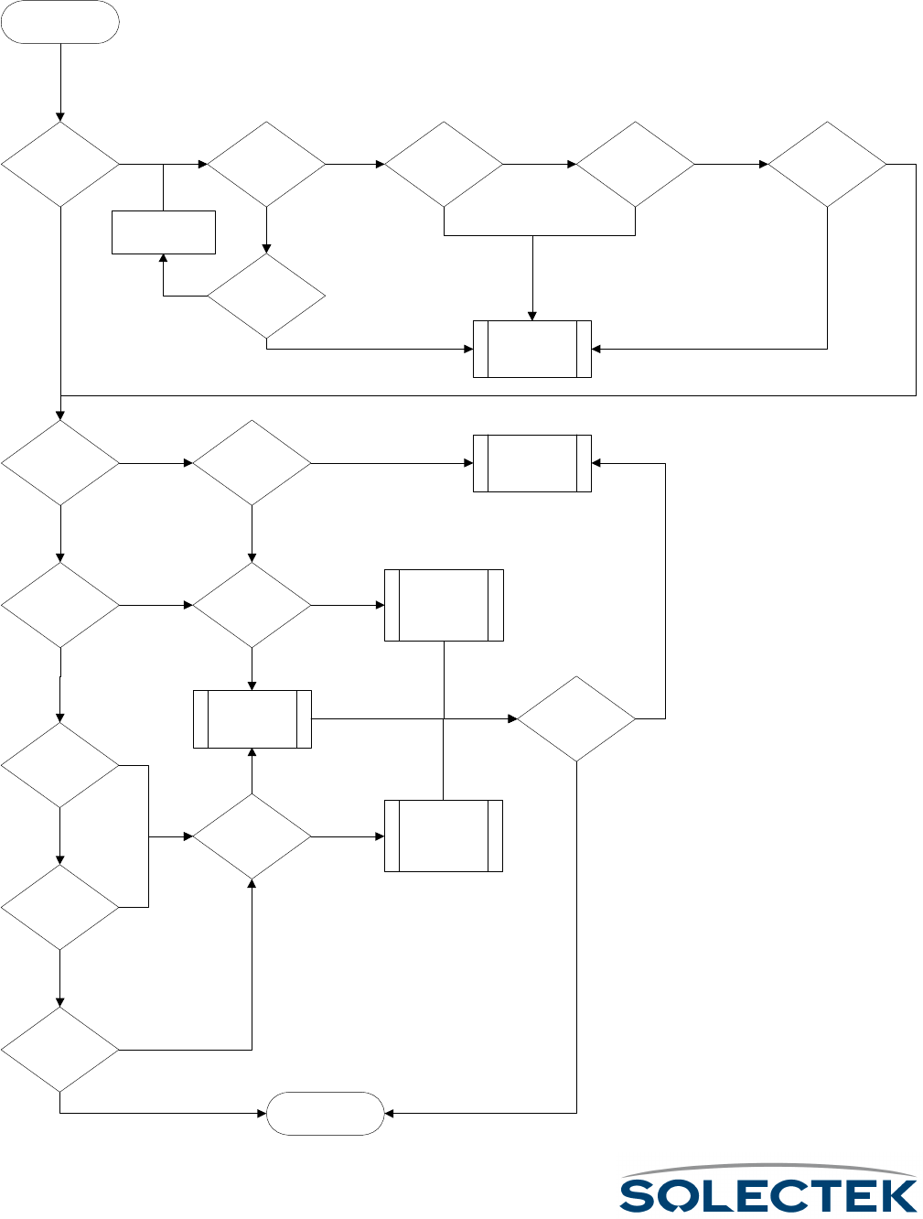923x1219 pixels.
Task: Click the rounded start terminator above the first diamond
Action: [x=60, y=22]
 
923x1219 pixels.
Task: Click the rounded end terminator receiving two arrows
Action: [x=325, y=1113]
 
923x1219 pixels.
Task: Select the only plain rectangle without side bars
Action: [x=163, y=232]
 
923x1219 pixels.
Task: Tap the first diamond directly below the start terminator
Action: [x=60, y=165]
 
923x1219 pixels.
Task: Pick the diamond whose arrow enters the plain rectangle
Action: [x=266, y=297]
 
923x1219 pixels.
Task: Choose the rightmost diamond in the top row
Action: [x=827, y=165]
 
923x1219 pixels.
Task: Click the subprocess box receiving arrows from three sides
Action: [x=532, y=349]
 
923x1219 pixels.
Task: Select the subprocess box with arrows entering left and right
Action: [x=532, y=463]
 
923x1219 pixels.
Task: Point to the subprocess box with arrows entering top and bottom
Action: [x=252, y=719]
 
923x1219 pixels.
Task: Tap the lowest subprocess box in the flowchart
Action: [x=444, y=836]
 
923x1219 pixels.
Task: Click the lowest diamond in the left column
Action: [x=60, y=1049]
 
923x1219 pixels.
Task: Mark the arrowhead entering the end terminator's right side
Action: [x=389, y=1113]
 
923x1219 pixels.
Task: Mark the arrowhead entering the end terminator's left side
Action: [x=262, y=1113]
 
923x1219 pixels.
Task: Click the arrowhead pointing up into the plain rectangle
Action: [x=163, y=259]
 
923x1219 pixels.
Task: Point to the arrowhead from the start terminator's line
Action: [x=60, y=117]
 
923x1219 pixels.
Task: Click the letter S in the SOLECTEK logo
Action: [x=640, y=1195]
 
